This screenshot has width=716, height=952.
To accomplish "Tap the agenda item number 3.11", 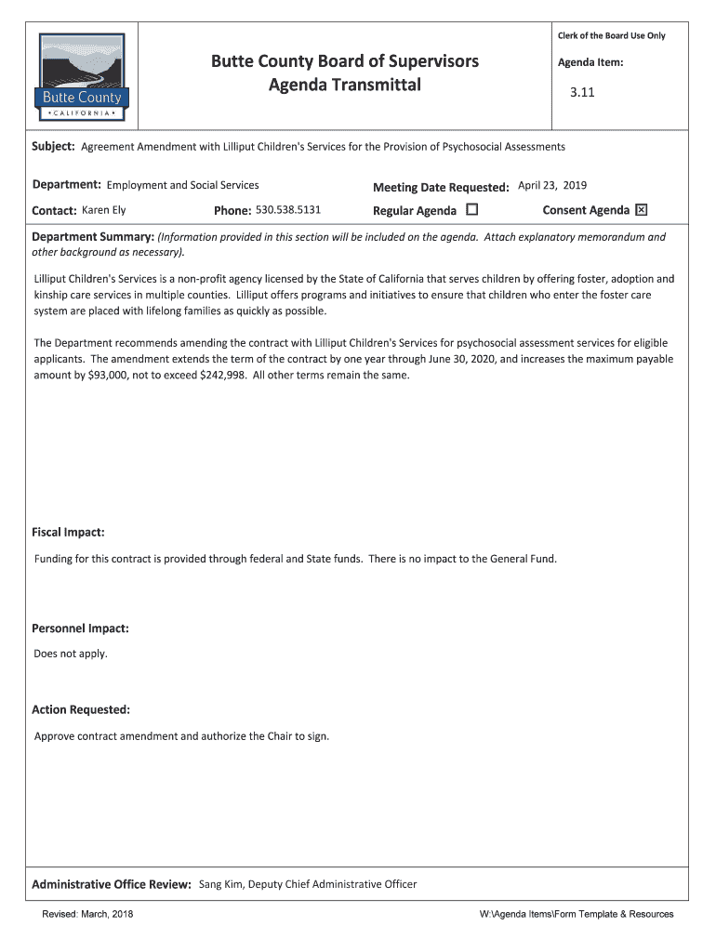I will pos(581,93).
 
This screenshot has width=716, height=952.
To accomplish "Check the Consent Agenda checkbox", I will pos(641,210).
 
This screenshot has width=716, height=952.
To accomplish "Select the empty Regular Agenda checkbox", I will pos(471,210).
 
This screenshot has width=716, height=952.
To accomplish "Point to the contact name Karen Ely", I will pos(104,210).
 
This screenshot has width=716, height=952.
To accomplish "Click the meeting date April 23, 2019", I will pos(552,186).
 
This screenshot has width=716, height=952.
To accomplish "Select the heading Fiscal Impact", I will pos(68,533).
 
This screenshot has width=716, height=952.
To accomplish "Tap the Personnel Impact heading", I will pos(80,628).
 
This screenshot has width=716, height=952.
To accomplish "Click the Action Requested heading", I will pos(81,710).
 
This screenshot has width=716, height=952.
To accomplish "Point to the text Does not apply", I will pos(71,654).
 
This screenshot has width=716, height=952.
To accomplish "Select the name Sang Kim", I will pos(220,884).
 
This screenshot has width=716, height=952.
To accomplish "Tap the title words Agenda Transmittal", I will pos(345,86).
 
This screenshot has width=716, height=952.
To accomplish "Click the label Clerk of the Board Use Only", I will pos(611,36).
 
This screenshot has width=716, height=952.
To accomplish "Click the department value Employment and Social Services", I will pos(183,186).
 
